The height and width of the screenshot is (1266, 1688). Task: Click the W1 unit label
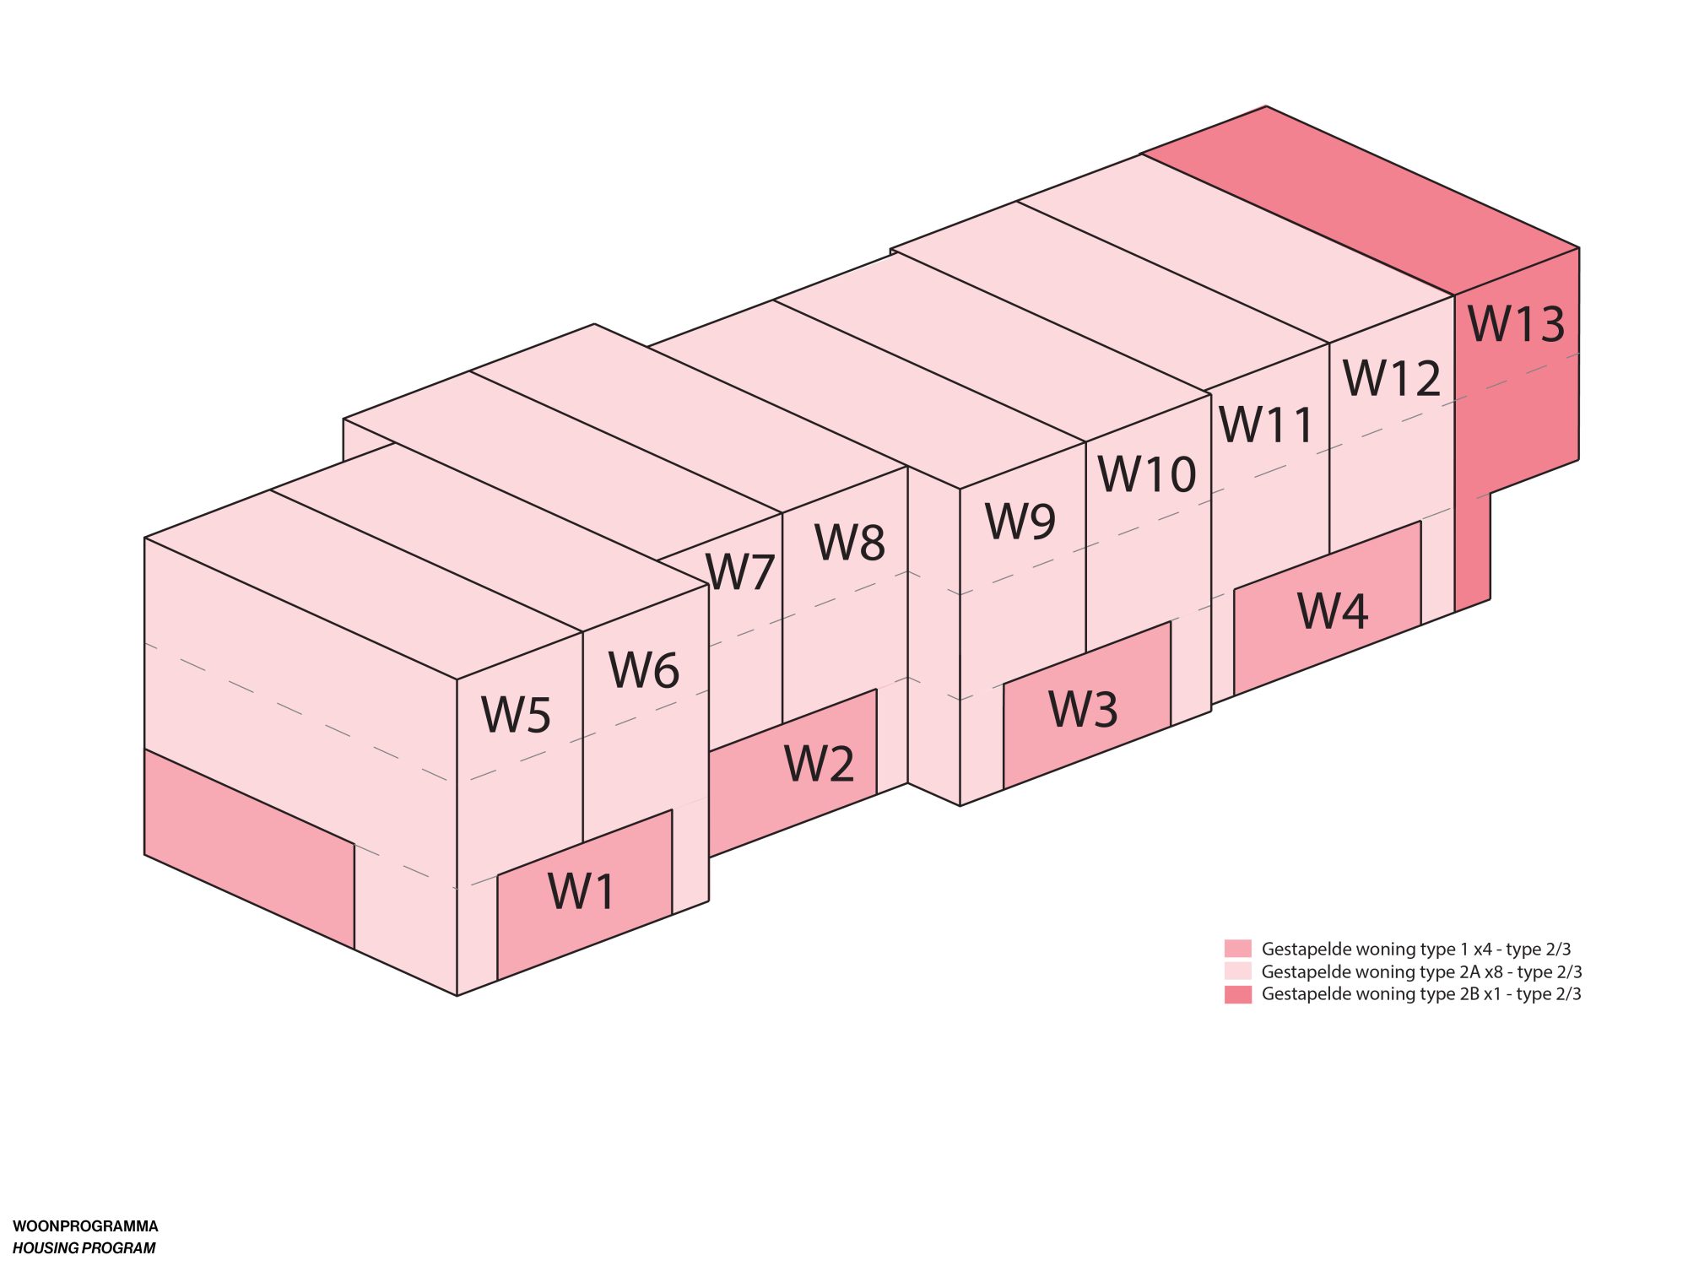pos(582,890)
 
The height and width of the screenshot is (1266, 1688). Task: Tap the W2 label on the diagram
pos(819,763)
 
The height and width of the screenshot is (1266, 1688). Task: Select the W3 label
pos(1083,708)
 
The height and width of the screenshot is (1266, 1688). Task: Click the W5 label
pos(516,714)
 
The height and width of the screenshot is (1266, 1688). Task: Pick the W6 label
pos(643,669)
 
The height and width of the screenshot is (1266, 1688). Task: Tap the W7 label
pos(740,571)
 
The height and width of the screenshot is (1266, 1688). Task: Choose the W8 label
pos(849,542)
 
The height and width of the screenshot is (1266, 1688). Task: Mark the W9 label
pos(1020,521)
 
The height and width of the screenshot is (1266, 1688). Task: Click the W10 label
pos(1146,473)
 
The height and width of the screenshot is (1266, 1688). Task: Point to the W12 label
pos(1391,377)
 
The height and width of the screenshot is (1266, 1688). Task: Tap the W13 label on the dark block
pos(1516,323)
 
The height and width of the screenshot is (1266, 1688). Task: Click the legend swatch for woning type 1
pos(1237,949)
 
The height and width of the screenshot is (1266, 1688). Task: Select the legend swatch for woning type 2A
pos(1237,971)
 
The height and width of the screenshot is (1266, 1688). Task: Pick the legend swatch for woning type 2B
pos(1237,994)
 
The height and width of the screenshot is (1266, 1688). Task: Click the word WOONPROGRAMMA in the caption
pos(85,1226)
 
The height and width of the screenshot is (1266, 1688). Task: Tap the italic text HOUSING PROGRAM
pos(84,1248)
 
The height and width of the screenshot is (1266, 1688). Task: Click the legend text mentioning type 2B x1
pos(1420,994)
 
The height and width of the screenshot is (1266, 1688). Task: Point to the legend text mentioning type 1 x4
pos(1415,949)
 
